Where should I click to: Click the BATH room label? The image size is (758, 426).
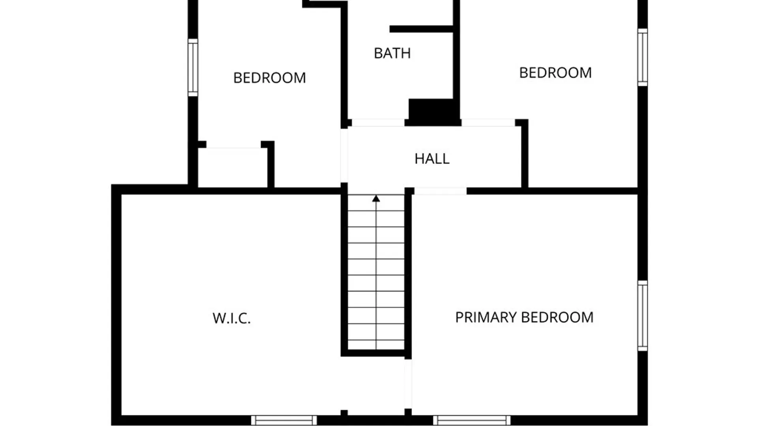coord(392,53)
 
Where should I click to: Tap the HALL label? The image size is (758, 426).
coord(432,159)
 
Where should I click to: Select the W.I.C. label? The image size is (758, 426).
coord(231,318)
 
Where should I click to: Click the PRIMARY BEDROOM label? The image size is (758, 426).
coord(524,318)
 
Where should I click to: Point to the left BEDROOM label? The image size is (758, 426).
coord(270,78)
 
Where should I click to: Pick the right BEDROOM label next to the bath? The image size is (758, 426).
coord(555,73)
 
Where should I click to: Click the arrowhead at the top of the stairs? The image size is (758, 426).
coord(376,198)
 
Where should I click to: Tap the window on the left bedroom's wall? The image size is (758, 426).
coord(193,67)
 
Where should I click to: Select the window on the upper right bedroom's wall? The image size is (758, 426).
coord(643,57)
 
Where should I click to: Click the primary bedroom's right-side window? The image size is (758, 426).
coord(643,316)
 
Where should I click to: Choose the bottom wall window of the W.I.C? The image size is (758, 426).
coord(284,420)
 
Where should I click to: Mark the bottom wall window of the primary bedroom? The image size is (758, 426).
coord(472,420)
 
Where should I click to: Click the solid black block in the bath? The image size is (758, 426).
coord(434,112)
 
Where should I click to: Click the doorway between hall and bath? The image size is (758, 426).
coord(378,123)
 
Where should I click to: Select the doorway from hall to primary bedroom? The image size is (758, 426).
coord(440,191)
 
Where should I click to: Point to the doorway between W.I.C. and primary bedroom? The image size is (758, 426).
coord(408,384)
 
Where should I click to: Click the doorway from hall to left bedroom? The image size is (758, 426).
coord(344,155)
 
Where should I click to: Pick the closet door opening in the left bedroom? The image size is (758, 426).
coord(234,145)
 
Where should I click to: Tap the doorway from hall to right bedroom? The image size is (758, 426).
coord(488,123)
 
